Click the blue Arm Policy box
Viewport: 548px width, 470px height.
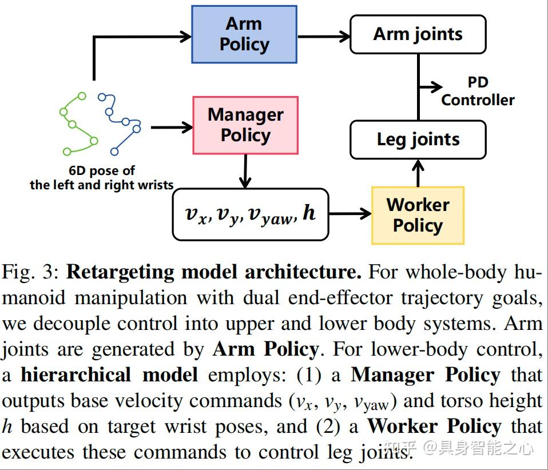(244, 34)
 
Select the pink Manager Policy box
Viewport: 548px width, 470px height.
(245, 125)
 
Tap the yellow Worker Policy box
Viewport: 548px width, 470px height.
(418, 215)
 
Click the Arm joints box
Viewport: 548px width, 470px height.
(418, 34)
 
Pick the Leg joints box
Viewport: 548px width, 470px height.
(418, 139)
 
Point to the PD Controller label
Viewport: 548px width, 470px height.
(478, 91)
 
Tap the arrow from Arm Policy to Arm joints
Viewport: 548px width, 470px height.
(323, 37)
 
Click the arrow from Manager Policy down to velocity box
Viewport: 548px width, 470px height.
(245, 171)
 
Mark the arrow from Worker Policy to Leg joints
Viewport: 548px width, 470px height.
(418, 172)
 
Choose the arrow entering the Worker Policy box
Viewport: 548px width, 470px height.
(350, 214)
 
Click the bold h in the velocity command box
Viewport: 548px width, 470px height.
(309, 213)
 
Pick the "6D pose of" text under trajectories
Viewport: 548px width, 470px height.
(101, 171)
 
